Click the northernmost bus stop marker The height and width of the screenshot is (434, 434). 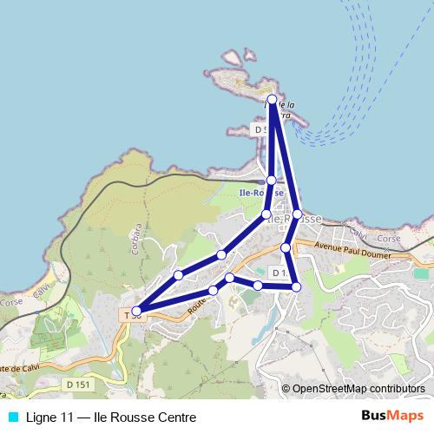tap(273, 100)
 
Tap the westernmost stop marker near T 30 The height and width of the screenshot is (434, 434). tap(136, 310)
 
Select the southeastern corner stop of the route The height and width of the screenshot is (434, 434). tap(296, 286)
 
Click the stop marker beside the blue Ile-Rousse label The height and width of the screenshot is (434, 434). tap(272, 180)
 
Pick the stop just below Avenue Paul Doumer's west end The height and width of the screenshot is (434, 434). tap(286, 248)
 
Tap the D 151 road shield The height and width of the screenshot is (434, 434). tap(77, 384)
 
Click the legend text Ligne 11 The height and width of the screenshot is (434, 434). tap(49, 417)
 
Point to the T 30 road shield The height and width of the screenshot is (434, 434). tap(130, 314)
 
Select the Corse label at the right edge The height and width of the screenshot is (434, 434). tap(389, 238)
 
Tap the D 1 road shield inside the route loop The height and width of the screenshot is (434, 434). tap(279, 273)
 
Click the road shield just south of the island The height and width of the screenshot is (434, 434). tap(260, 128)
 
